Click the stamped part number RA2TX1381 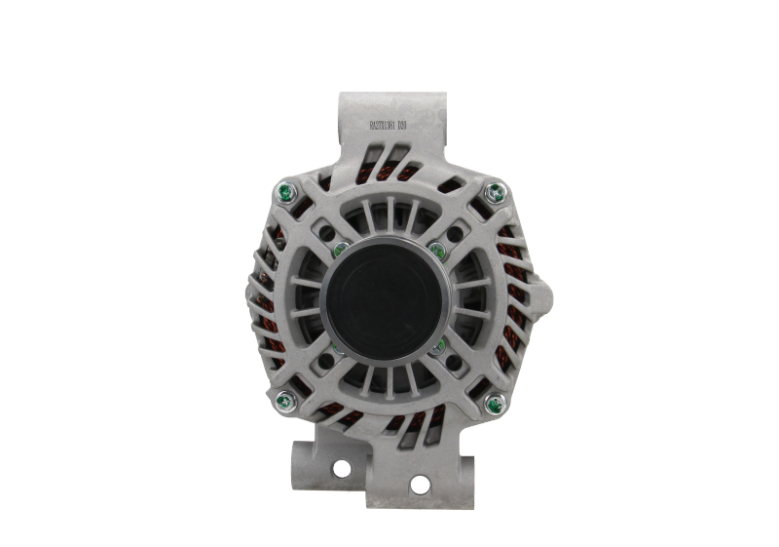388,126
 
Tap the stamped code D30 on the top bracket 416,126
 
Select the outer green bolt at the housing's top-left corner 284,190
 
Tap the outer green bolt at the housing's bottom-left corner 284,399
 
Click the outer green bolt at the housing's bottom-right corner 495,399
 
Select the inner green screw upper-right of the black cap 435,249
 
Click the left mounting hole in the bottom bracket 342,468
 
